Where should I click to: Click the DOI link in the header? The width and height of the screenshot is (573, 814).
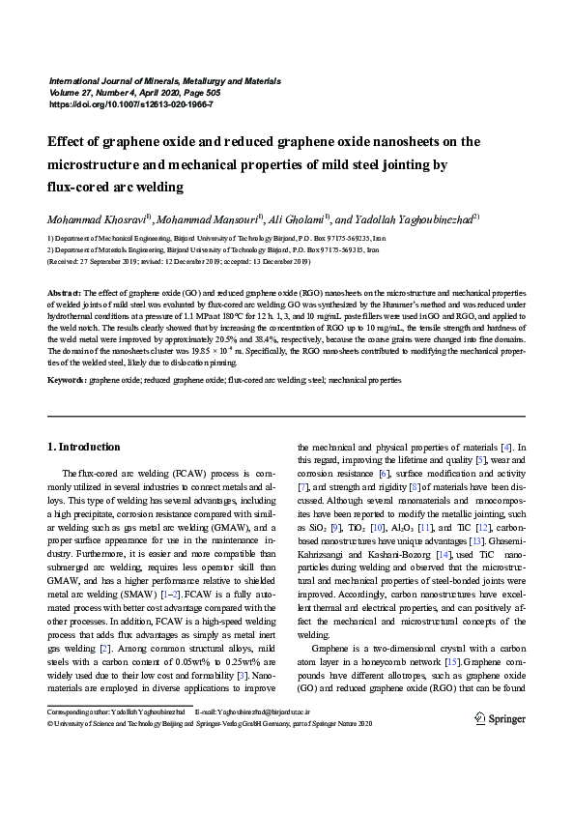pos(129,103)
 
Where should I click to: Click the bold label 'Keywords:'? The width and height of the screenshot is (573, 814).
pos(67,382)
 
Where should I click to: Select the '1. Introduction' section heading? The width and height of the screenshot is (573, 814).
pos(84,448)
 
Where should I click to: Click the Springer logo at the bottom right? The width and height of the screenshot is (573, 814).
pos(500,718)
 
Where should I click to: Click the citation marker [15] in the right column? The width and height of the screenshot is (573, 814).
pos(450,659)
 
